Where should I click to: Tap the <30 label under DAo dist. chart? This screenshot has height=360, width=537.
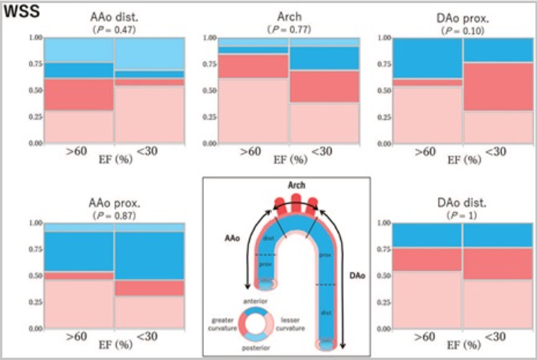tap(496, 337)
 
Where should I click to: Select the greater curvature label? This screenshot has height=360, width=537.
tap(225, 322)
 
